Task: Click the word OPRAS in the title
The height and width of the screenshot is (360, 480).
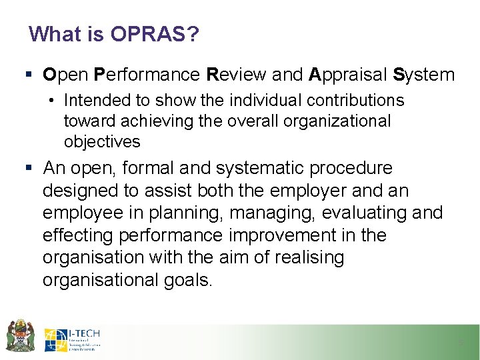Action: coord(153,34)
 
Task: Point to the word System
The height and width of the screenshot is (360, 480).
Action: coord(424,75)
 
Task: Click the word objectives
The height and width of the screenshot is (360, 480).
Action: coord(102,141)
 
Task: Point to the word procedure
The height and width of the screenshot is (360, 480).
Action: coord(353,168)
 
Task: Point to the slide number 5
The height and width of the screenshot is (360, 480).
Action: coord(460,343)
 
